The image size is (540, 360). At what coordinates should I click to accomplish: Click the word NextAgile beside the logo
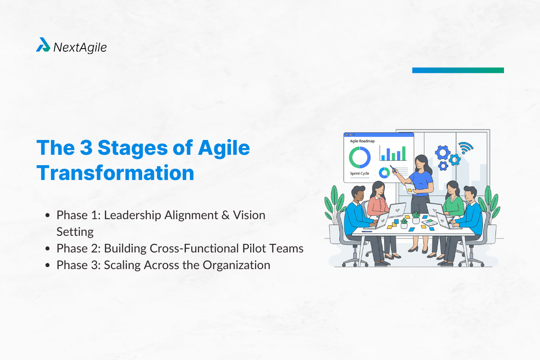[80, 46]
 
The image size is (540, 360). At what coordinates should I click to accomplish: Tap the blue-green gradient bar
[458, 70]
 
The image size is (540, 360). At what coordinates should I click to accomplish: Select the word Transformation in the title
[115, 173]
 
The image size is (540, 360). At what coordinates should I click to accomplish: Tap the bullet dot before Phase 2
[48, 248]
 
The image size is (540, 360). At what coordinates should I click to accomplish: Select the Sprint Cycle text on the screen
[360, 173]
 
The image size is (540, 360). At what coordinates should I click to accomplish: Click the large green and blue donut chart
[360, 157]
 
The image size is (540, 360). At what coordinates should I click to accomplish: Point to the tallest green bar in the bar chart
[404, 153]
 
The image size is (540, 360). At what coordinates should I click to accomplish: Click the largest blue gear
[442, 153]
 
